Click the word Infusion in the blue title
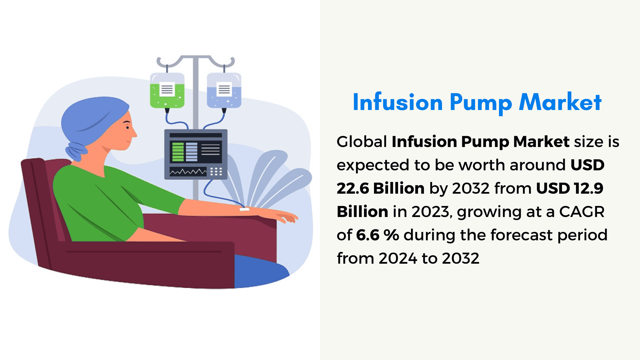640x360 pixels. tap(398, 102)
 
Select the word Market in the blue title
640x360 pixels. tap(560, 102)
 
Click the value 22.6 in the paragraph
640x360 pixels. tap(352, 188)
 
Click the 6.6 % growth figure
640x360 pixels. tap(378, 235)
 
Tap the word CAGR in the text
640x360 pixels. tap(582, 212)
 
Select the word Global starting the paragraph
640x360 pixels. tap(362, 142)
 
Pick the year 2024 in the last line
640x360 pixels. tap(398, 258)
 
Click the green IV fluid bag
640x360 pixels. tap(167, 91)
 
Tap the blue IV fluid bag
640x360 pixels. tap(224, 91)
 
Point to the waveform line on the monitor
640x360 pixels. tap(188, 172)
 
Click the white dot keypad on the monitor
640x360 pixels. tap(216, 171)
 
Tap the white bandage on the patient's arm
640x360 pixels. tap(244, 209)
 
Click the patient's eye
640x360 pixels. tap(127, 127)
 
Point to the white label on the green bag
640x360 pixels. tap(167, 89)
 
